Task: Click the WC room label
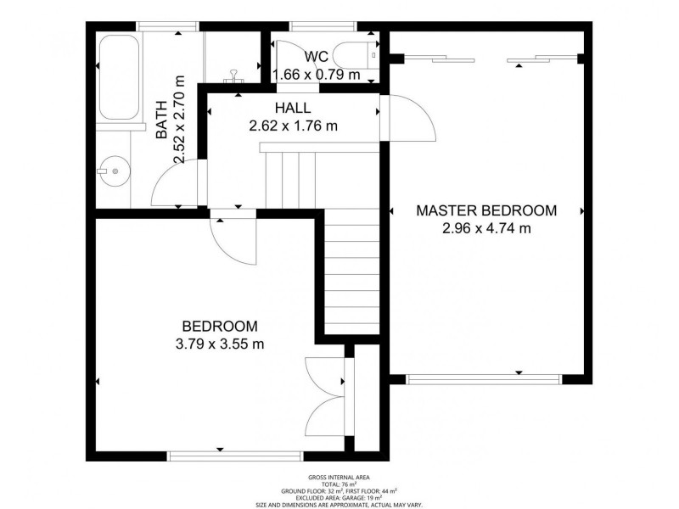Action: [x=316, y=56]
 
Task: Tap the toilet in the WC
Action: [x=357, y=55]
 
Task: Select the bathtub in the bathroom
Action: [x=119, y=77]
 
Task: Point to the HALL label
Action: [x=293, y=108]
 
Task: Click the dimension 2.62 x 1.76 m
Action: [x=293, y=126]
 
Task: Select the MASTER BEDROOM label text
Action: [x=486, y=210]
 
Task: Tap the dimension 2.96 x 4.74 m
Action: [x=486, y=227]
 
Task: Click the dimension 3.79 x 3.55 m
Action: [x=220, y=344]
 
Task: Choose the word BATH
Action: [x=161, y=120]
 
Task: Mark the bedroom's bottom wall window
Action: [x=235, y=456]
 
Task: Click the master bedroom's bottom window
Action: [x=484, y=379]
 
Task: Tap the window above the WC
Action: [x=324, y=26]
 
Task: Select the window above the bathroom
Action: [x=167, y=26]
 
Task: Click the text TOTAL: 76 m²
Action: [x=339, y=484]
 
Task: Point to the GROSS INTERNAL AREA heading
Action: [x=339, y=478]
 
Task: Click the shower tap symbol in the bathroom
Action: [x=234, y=76]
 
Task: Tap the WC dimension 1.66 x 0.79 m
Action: [x=317, y=75]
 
